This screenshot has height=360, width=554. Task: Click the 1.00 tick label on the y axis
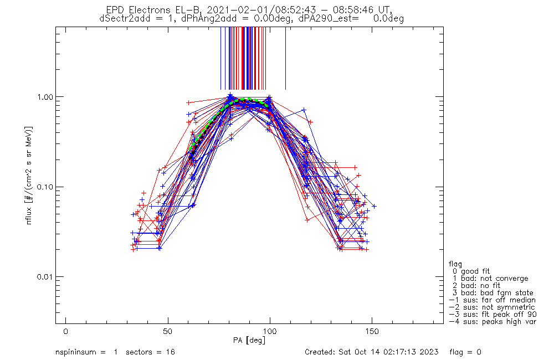tap(44, 97)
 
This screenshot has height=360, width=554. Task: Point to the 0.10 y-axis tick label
tap(44, 187)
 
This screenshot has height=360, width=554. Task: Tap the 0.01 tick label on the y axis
tap(44, 276)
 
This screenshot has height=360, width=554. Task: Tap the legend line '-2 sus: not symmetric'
tap(492, 307)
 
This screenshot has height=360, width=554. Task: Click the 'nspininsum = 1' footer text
tap(86, 352)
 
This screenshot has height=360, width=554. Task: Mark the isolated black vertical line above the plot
tap(285, 58)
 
